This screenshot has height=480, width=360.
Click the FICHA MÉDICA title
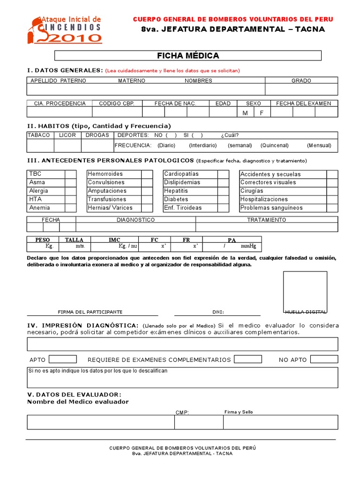pyautogui.click(x=188, y=56)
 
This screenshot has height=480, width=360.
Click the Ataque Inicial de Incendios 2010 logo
pyautogui.click(x=66, y=29)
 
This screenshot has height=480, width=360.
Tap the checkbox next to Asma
pyautogui.click(x=71, y=182)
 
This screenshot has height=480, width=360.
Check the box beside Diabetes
pyautogui.click(x=223, y=199)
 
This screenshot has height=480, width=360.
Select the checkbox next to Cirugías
pyautogui.click(x=332, y=191)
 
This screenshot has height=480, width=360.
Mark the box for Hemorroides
pyautogui.click(x=147, y=174)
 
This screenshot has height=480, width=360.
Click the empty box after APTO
pyautogui.click(x=62, y=359)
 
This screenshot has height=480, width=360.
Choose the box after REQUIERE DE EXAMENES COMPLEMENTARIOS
pyautogui.click(x=248, y=359)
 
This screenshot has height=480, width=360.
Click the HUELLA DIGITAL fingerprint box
pyautogui.click(x=305, y=292)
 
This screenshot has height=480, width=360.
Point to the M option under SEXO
pyautogui.click(x=245, y=113)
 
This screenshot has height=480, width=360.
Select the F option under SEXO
pyautogui.click(x=262, y=113)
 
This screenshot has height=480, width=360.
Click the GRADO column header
pyautogui.click(x=301, y=81)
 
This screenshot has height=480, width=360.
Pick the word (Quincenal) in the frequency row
pyautogui.click(x=275, y=145)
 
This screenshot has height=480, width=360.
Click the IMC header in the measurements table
pyautogui.click(x=114, y=240)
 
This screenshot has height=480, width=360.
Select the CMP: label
pyautogui.click(x=182, y=412)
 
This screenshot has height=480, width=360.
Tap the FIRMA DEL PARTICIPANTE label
pyautogui.click(x=90, y=312)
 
